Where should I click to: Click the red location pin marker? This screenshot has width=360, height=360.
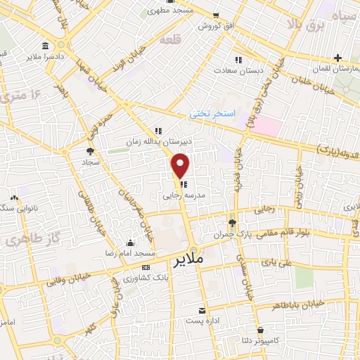click(181, 165)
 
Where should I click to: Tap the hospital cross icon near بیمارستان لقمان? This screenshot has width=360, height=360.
click(338, 58)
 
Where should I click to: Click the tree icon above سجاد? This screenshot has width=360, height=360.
click(90, 150)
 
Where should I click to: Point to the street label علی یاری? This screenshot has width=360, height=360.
click(274, 263)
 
